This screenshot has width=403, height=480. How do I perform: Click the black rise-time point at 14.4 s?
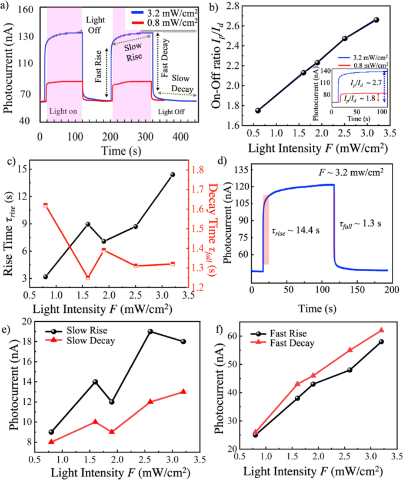[172, 174]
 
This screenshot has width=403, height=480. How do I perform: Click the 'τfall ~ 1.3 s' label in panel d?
[361, 225]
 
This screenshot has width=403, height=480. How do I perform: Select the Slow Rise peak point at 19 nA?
[150, 331]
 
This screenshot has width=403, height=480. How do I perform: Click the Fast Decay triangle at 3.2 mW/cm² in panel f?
[381, 330]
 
